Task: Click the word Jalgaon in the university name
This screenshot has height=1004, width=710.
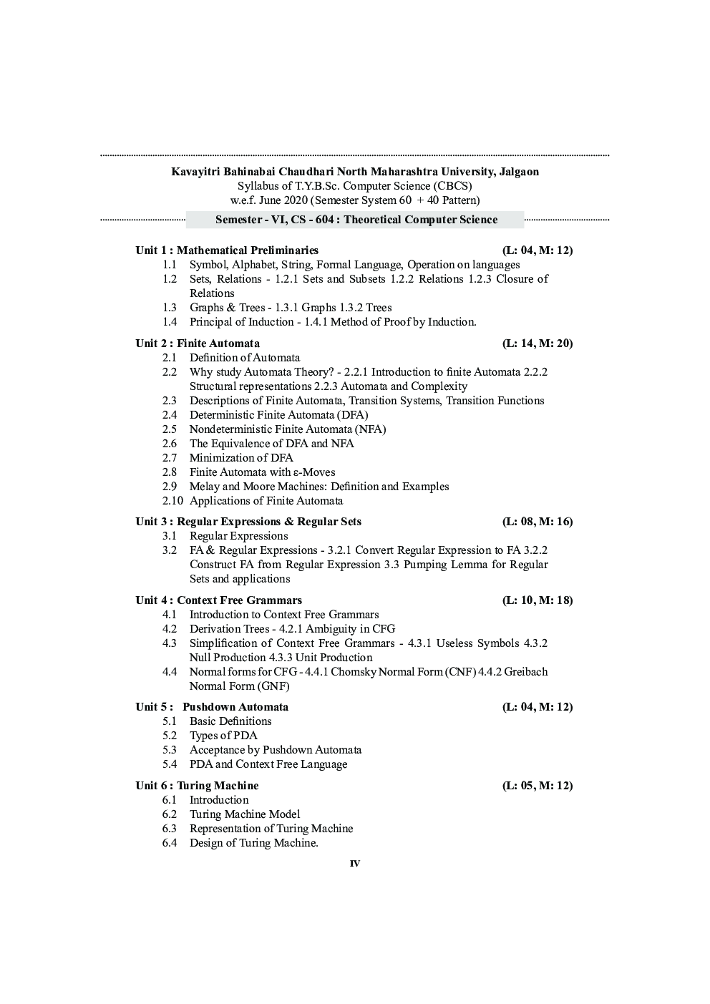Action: [x=517, y=172]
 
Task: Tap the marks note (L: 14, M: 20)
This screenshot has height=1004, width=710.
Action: [x=537, y=343]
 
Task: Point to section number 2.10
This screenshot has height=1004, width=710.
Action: [x=172, y=501]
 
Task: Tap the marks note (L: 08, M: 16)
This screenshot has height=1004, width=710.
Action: [x=537, y=522]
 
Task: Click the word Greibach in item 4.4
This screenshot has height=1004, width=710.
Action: [x=526, y=672]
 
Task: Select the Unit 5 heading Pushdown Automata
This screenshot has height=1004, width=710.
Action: [x=235, y=707]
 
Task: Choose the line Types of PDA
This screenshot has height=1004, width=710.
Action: [x=223, y=736]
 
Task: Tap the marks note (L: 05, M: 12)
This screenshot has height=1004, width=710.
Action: [x=537, y=786]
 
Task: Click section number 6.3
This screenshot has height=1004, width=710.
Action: [x=170, y=829]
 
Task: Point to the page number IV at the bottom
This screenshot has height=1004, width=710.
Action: [x=355, y=864]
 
